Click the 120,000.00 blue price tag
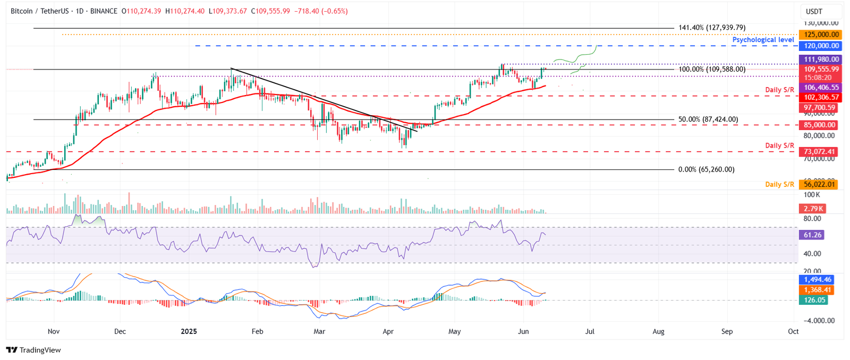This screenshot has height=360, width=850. click(821, 46)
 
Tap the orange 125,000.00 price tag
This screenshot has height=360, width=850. click(821, 35)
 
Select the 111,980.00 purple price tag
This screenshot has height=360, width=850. click(821, 59)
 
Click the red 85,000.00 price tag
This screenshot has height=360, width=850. click(819, 125)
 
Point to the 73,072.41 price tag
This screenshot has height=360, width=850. click(819, 152)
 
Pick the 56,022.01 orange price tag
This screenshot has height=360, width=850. click(819, 185)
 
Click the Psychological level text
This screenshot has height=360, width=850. click(763, 40)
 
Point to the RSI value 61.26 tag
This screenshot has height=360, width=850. click(813, 235)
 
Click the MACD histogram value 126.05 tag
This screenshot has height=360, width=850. click(814, 300)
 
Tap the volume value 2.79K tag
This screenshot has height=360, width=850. click(813, 209)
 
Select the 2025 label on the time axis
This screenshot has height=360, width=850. click(189, 331)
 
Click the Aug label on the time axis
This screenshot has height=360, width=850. click(658, 331)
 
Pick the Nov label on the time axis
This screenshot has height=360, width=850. click(54, 331)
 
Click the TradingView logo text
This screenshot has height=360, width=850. click(33, 350)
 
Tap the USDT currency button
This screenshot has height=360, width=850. click(814, 11)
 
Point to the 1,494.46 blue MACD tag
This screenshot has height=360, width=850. click(818, 279)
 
